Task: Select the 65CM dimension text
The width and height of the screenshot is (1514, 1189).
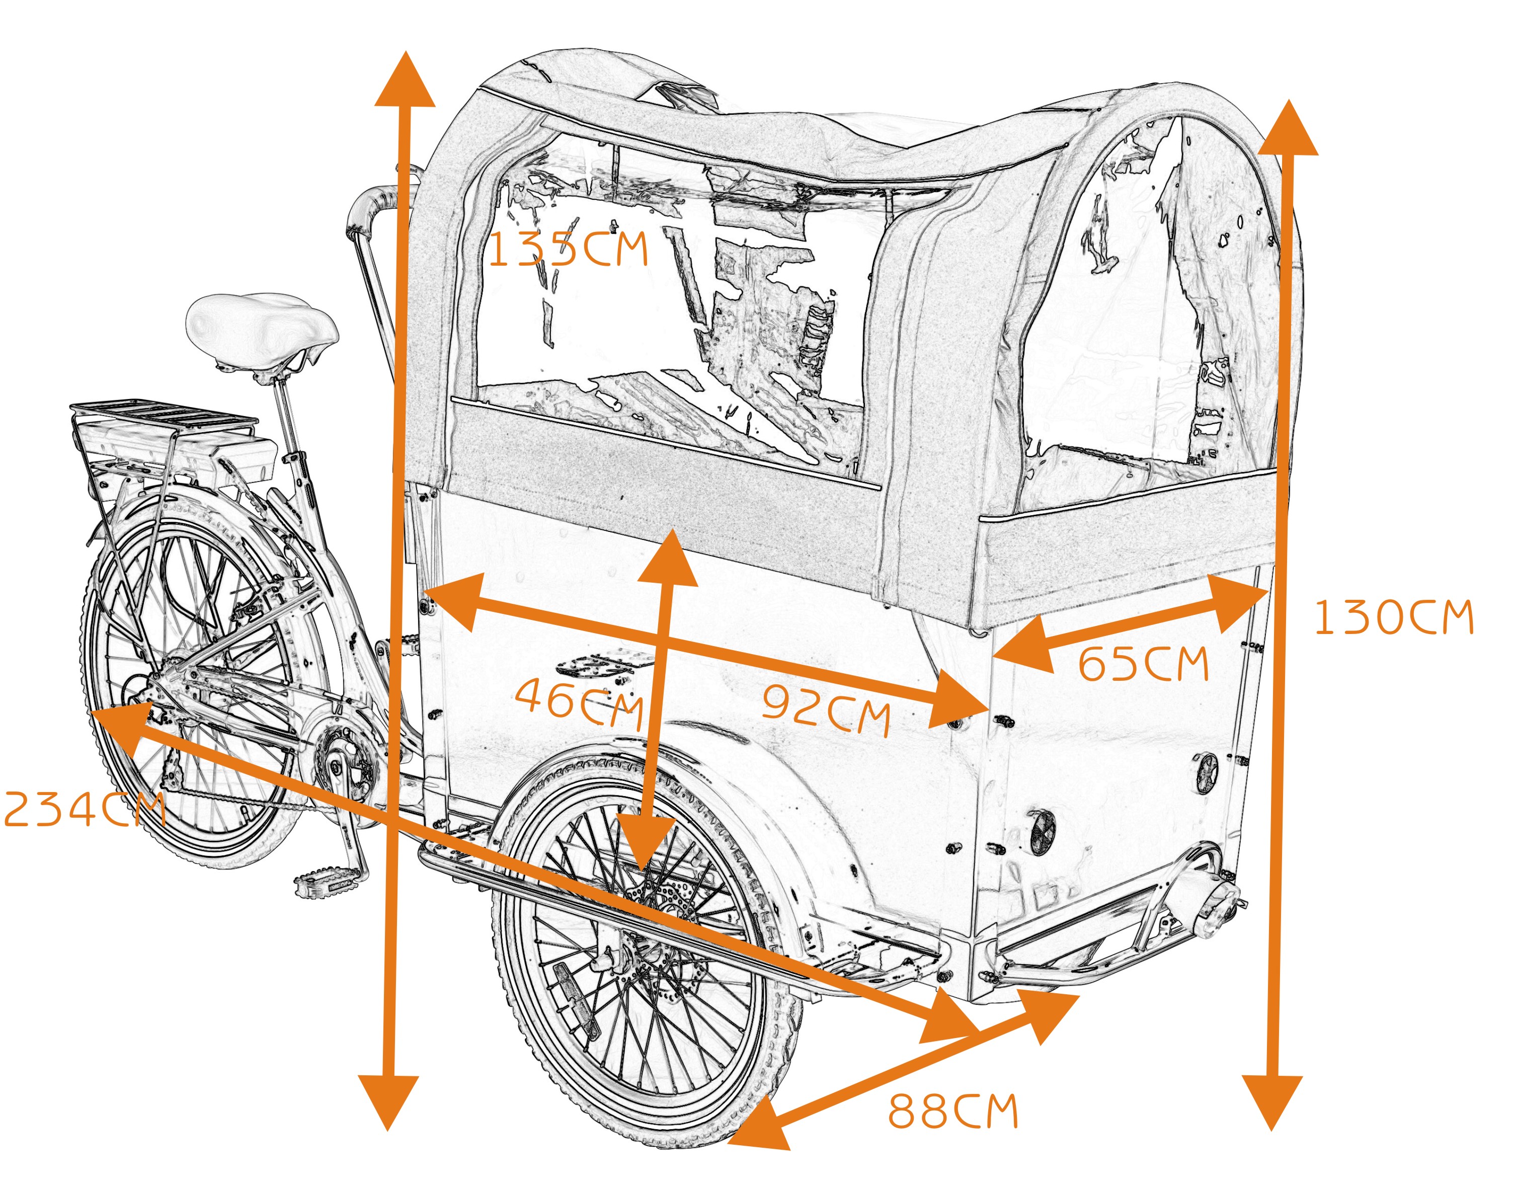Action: [x=1142, y=663]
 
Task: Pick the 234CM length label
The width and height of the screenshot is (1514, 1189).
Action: [x=84, y=810]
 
